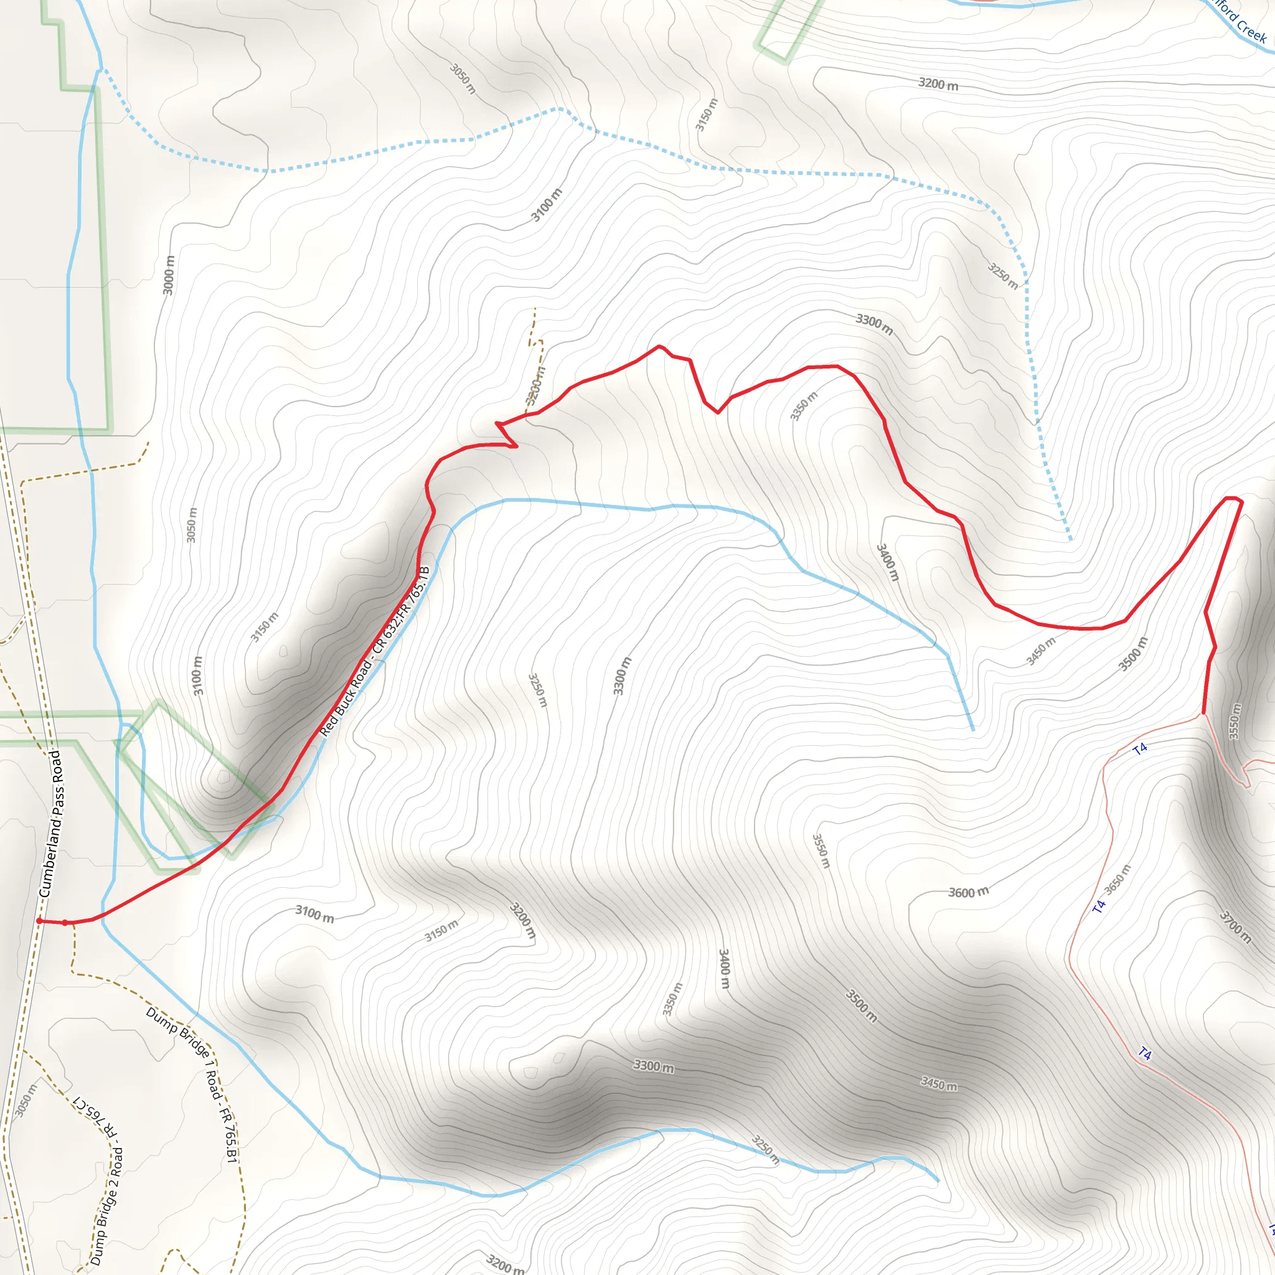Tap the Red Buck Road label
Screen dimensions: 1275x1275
point(374,651)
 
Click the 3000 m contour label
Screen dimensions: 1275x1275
point(169,275)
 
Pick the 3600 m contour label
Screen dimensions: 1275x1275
point(968,892)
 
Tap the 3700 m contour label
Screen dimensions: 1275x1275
point(1234,926)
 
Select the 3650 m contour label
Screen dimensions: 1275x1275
point(1117,879)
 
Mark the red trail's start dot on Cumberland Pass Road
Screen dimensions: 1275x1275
point(40,921)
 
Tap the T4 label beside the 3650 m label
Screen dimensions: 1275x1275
point(1098,906)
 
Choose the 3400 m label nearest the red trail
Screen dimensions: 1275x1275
point(887,562)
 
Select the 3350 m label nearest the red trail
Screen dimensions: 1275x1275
point(803,405)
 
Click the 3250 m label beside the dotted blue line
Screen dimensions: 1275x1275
point(1002,275)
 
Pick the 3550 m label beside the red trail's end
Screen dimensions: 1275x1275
point(1235,722)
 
